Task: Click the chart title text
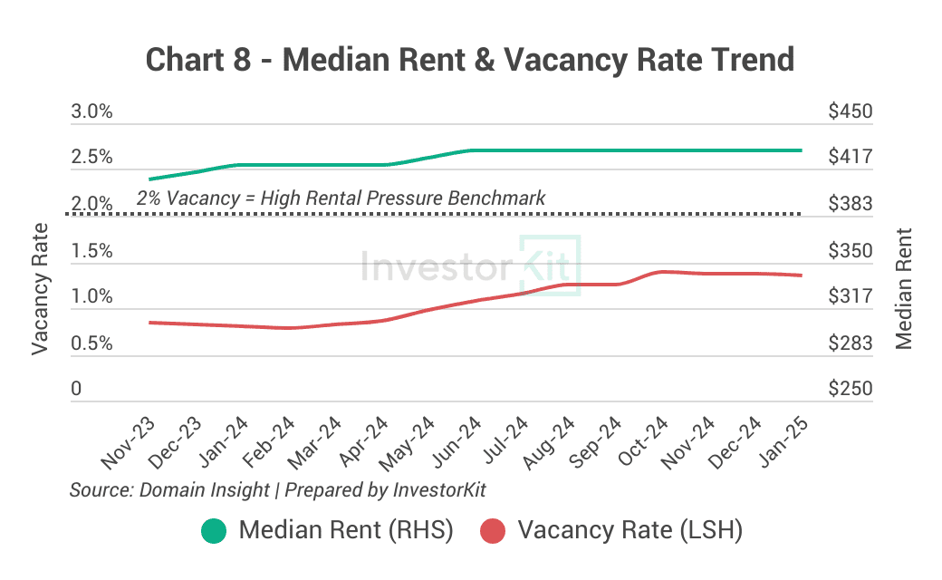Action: [x=470, y=60]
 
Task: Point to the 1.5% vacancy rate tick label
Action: [x=92, y=251]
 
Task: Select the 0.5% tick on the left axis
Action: [x=92, y=343]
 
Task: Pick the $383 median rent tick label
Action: [x=850, y=205]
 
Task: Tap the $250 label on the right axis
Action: [x=850, y=389]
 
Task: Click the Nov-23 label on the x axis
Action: [x=129, y=444]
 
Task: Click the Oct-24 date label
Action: [x=643, y=444]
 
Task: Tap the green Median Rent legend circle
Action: [x=214, y=531]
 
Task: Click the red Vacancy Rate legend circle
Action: [x=493, y=531]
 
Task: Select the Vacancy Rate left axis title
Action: [x=40, y=289]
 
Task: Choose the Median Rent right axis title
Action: [x=903, y=289]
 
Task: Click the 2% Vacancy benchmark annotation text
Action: [x=341, y=198]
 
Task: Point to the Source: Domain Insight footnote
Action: [x=278, y=490]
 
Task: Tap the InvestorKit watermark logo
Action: [x=470, y=266]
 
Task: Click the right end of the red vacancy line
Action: [x=801, y=275]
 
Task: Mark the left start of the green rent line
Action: [x=150, y=179]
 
